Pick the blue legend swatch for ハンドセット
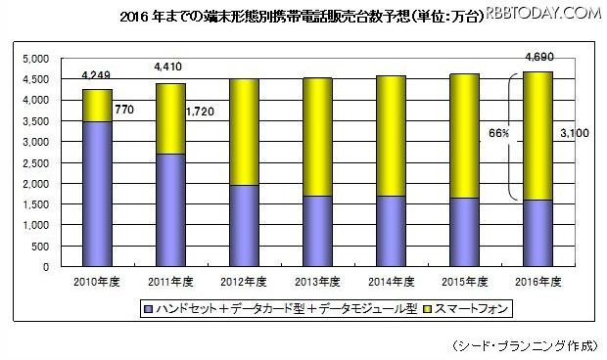(151, 309)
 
